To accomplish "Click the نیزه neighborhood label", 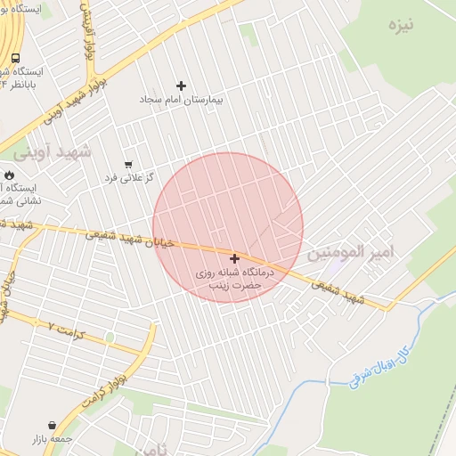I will click(401, 24).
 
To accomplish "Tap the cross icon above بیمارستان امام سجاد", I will click(182, 85).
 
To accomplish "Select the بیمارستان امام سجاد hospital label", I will click(182, 100).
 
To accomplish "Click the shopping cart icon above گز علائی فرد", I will click(128, 164).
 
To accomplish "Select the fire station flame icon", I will click(10, 176).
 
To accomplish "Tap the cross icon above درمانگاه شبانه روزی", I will click(234, 258).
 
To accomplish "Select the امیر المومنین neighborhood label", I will click(350, 253).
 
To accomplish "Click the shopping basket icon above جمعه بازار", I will click(55, 426).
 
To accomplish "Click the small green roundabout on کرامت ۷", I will click(110, 337).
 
